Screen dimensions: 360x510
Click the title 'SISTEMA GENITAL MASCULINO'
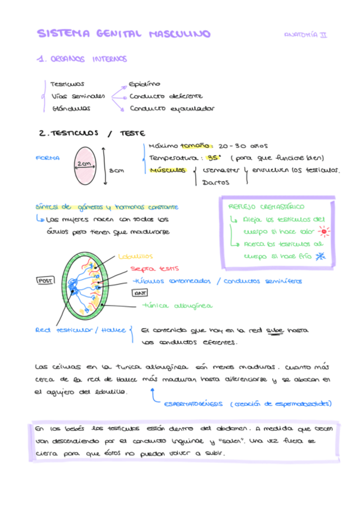(x=124, y=34)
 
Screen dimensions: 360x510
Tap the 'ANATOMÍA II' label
(x=305, y=35)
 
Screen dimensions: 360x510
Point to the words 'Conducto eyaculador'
(x=171, y=109)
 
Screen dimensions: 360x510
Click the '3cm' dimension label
(x=116, y=170)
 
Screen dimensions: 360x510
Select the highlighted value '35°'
(x=214, y=158)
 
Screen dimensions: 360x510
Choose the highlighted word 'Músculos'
(x=168, y=170)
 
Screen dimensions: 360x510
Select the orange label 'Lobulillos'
(x=135, y=256)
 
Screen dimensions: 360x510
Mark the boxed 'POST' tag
(x=45, y=280)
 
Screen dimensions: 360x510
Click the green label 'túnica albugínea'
(x=176, y=306)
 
